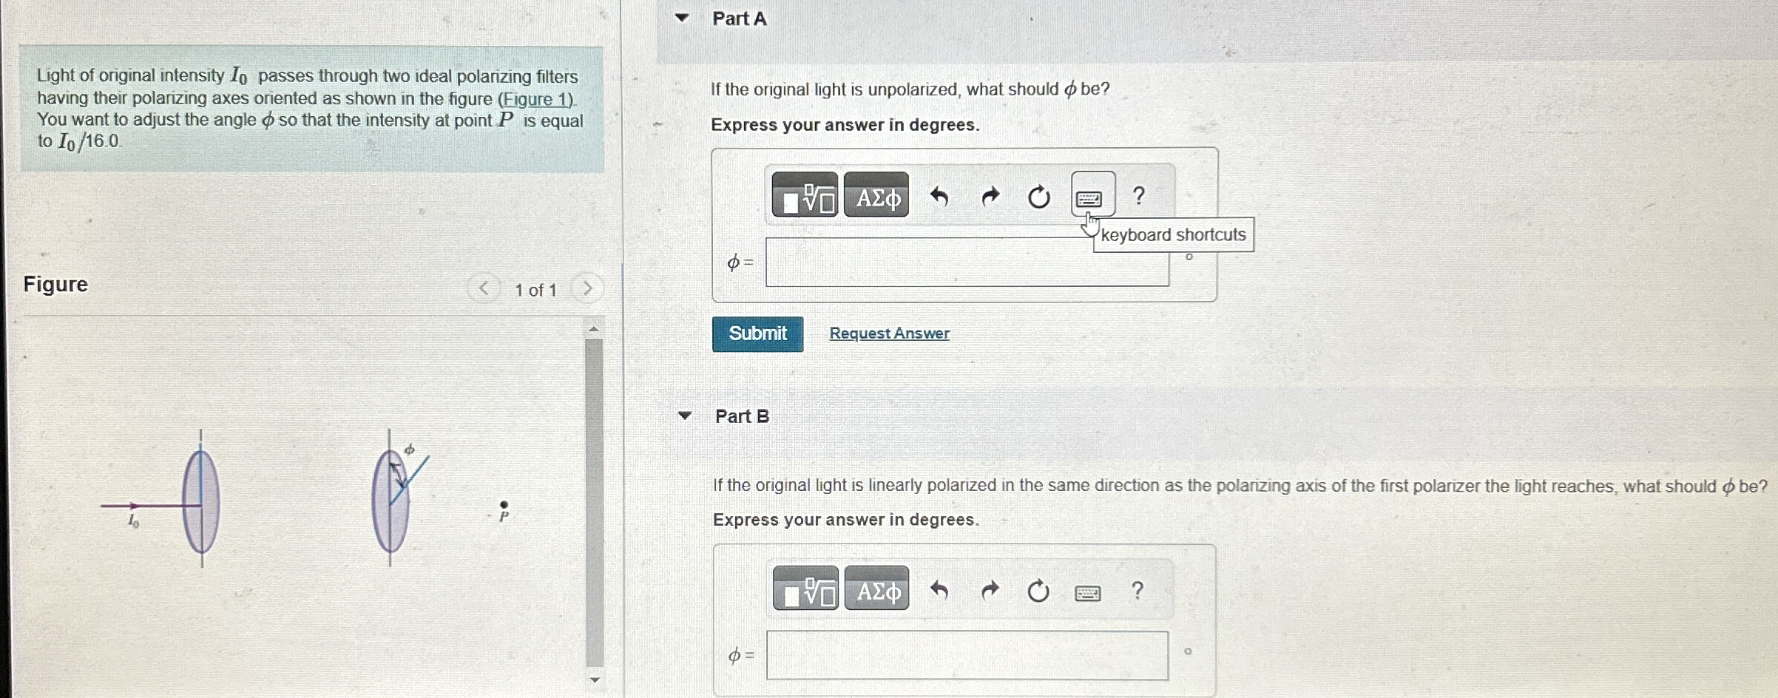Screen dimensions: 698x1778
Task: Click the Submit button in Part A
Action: click(757, 333)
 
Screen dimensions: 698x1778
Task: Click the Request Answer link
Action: click(889, 333)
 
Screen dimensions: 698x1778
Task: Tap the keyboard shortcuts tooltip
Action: click(1173, 234)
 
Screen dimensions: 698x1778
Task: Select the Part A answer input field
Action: click(967, 262)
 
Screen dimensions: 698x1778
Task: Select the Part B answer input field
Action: click(967, 655)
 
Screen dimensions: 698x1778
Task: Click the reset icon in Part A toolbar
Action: click(1038, 197)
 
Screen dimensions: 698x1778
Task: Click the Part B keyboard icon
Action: click(1087, 592)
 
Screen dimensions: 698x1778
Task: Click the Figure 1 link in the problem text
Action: click(536, 99)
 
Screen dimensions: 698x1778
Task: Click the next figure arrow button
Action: click(587, 288)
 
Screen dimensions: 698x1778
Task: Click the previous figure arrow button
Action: click(483, 288)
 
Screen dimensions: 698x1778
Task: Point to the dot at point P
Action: click(504, 504)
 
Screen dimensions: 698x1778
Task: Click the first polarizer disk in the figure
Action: click(201, 503)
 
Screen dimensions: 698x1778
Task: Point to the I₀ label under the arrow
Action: click(133, 521)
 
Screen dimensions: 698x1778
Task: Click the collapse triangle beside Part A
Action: click(682, 18)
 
